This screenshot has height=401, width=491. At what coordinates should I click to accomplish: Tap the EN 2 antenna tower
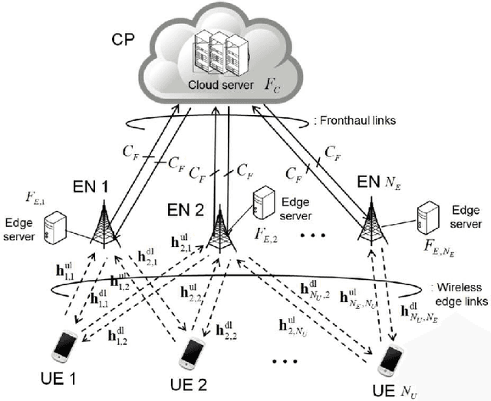click(219, 230)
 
